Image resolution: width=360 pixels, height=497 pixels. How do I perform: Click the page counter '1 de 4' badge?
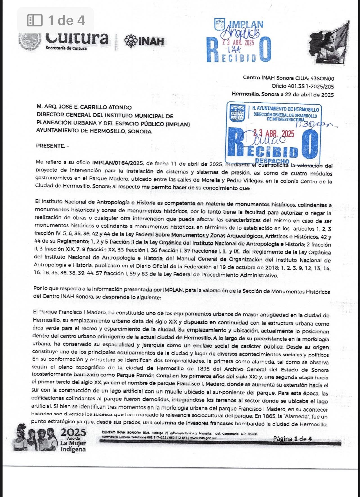[x=56, y=20]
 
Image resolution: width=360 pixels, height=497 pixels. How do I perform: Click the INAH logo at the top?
[x=144, y=41]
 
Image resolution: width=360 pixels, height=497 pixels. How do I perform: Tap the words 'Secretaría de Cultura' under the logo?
[x=66, y=48]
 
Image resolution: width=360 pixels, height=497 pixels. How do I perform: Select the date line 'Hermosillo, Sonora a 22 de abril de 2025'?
[x=283, y=94]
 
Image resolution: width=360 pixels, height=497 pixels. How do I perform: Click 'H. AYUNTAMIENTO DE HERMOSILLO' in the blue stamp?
[x=285, y=109]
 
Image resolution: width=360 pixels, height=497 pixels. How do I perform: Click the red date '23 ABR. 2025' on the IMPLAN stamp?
[x=238, y=43]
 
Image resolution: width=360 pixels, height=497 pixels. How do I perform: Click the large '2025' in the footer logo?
[x=73, y=432]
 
